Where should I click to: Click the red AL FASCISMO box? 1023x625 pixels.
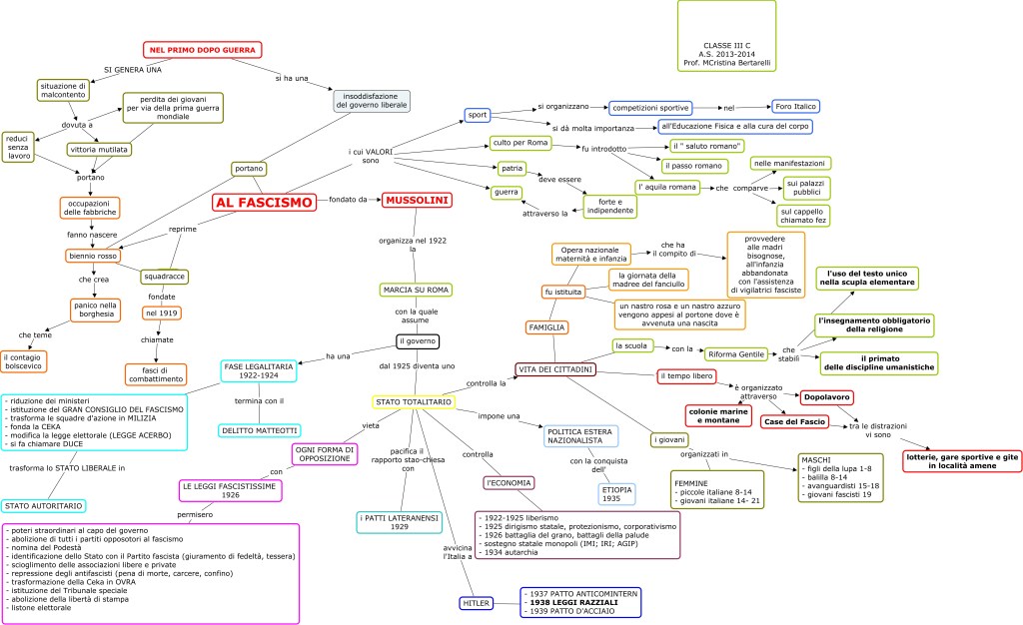[x=265, y=202]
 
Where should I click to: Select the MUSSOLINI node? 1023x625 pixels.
[x=417, y=200]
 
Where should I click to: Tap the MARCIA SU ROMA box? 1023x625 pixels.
[x=416, y=290]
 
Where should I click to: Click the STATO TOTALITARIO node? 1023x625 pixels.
[x=414, y=401]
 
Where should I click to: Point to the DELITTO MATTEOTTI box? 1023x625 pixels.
[x=259, y=430]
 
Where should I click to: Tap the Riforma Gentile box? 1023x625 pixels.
[x=738, y=353]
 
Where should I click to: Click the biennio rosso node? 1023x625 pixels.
[x=94, y=256]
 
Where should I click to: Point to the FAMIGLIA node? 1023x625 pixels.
[x=547, y=326]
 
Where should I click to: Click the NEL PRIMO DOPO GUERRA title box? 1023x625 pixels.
[x=202, y=49]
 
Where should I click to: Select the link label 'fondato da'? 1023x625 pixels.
[x=349, y=200]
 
